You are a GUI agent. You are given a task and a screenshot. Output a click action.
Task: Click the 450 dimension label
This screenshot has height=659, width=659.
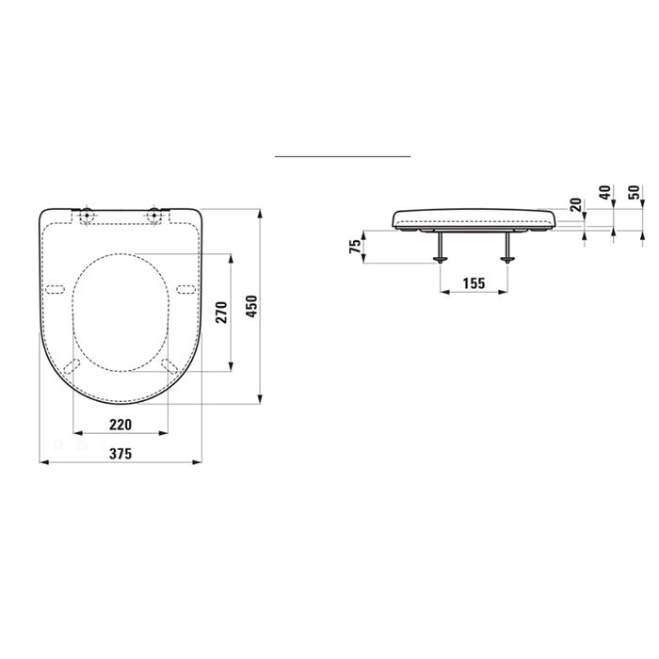(251, 305)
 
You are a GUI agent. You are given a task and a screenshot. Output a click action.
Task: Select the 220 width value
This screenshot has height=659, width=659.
(120, 425)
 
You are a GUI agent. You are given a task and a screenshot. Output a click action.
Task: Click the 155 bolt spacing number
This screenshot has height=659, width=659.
(474, 281)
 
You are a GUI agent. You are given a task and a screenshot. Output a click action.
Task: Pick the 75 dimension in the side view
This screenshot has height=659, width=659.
(355, 247)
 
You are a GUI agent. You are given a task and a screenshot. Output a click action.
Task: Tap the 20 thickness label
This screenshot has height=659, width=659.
(575, 205)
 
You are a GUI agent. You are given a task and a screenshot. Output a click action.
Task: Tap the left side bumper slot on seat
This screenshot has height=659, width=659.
(55, 286)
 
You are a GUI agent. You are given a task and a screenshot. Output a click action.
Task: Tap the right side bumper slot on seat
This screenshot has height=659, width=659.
(185, 286)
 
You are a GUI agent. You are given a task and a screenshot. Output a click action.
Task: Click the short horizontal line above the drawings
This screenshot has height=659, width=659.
(343, 154)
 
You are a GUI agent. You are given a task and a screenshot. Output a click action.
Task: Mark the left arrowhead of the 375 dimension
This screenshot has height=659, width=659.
(42, 462)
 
